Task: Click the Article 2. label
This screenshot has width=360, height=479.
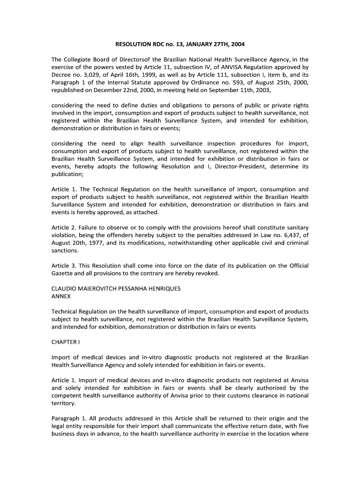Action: [65, 228]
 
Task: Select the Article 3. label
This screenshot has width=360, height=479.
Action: [65, 266]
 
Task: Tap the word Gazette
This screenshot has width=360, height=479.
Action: [63, 273]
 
